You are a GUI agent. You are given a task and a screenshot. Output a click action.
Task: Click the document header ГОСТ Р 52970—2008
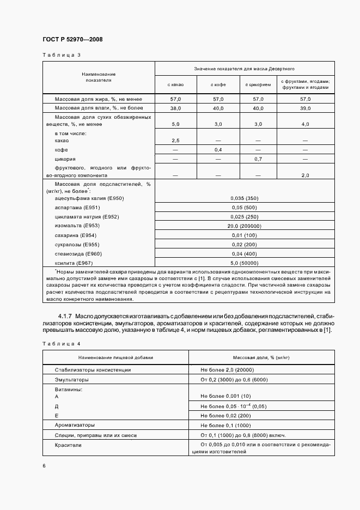(72, 40)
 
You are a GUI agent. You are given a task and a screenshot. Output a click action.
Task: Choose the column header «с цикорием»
(258, 84)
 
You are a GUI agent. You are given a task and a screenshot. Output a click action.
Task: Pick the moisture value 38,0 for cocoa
(175, 108)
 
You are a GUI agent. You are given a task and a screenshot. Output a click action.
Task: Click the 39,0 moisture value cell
(304, 108)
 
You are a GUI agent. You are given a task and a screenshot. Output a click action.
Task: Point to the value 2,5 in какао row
(175, 140)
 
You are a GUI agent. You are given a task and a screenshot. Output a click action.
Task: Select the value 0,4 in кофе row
(218, 149)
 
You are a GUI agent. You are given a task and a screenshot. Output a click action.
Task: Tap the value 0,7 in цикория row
(258, 159)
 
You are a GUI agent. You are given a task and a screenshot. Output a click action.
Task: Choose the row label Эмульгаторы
(72, 379)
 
